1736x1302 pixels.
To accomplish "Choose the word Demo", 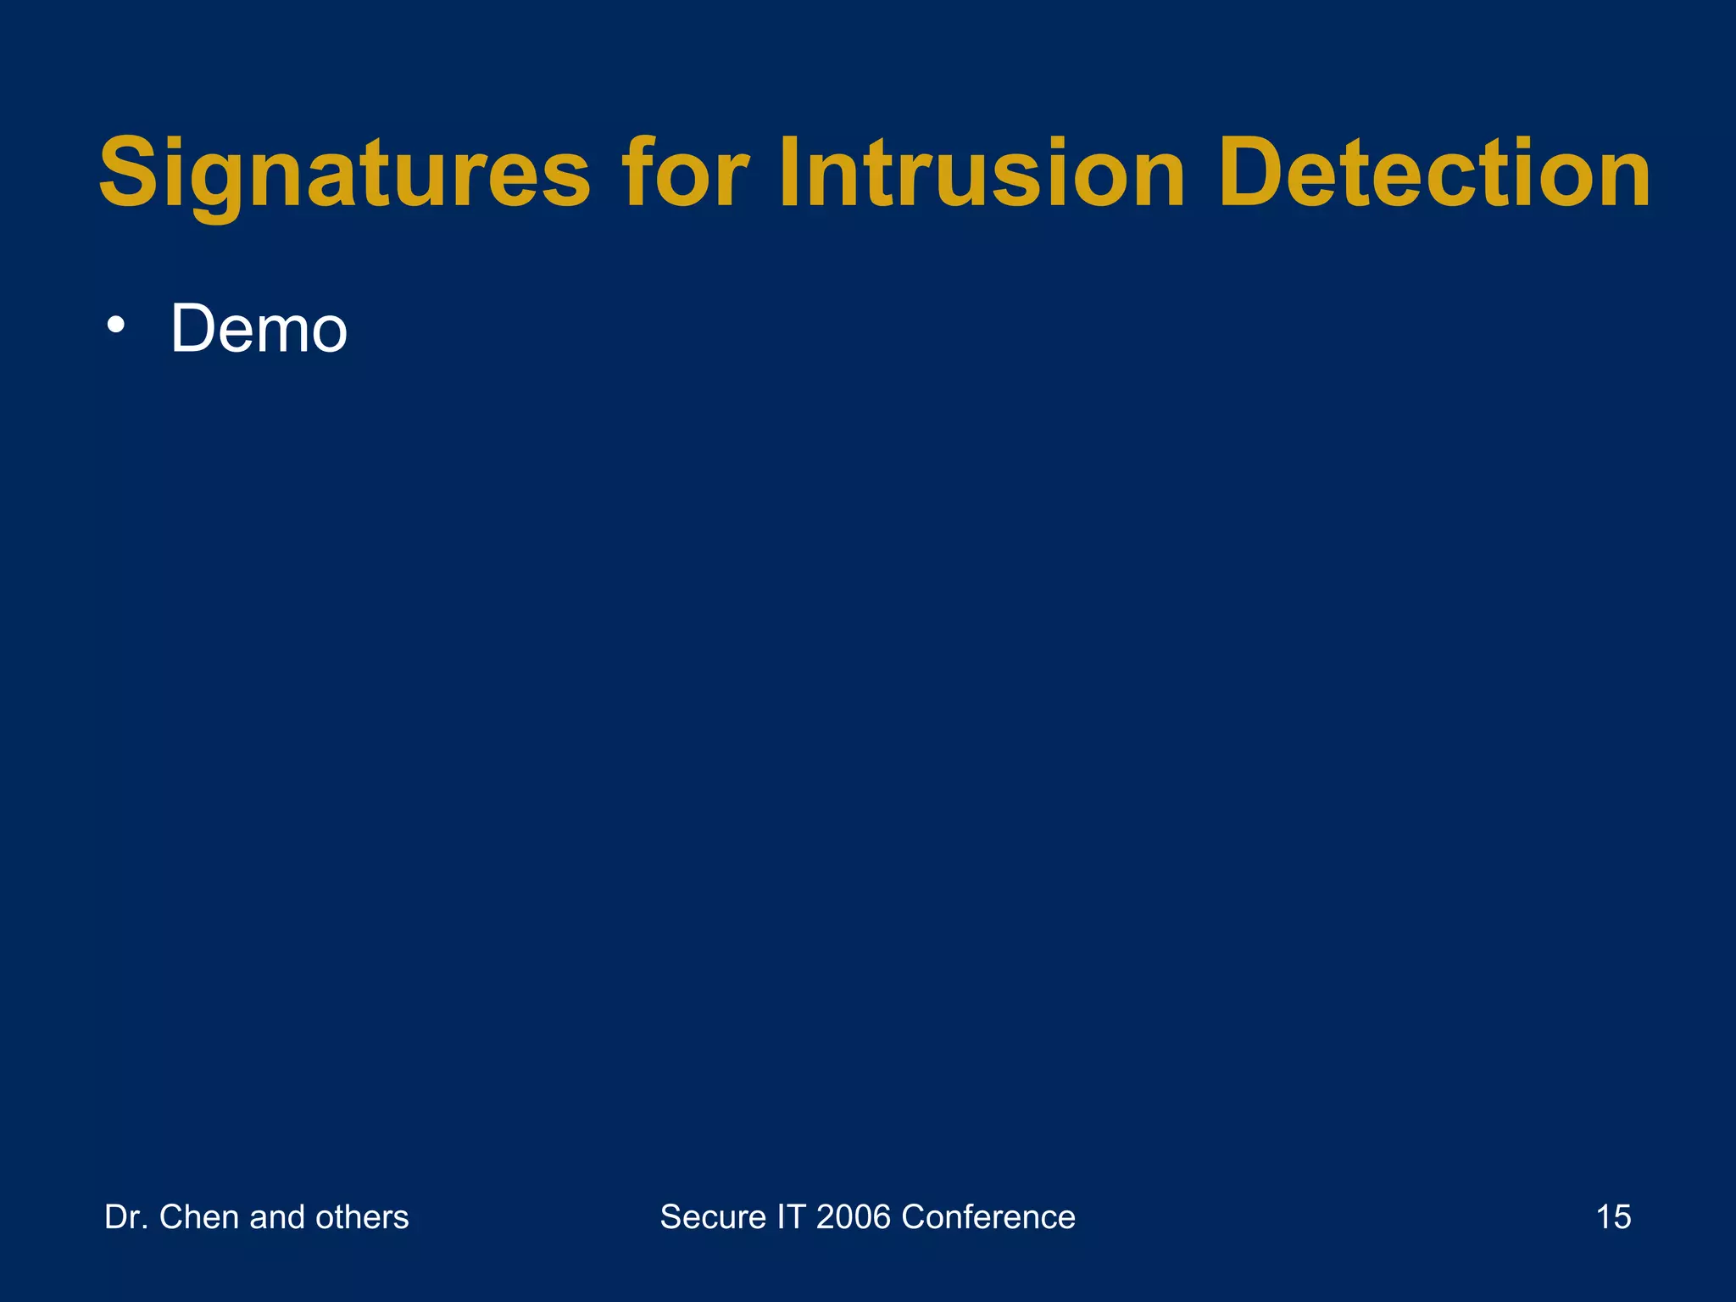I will point(259,329).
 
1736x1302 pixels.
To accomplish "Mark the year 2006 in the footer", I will point(854,1217).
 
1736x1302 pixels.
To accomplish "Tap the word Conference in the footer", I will point(988,1217).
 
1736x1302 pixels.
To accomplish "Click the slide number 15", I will point(1613,1217).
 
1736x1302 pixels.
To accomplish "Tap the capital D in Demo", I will point(192,329).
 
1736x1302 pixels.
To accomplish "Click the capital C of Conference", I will point(914,1217).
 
